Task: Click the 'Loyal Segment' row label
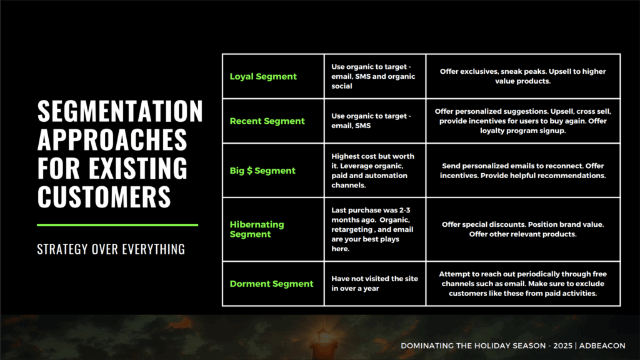pos(263,76)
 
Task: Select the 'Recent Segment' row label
pos(267,121)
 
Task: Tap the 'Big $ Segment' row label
pos(262,171)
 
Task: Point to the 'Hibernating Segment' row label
pos(257,229)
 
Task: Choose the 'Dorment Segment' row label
pos(271,284)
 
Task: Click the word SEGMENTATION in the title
pos(120,111)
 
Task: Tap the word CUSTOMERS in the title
pos(104,197)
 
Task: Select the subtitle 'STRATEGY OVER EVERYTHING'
pos(111,249)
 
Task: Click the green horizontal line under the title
pos(117,225)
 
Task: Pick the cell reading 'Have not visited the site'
pos(375,283)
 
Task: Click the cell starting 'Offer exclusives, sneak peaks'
pos(523,76)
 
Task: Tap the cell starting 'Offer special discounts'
pos(523,229)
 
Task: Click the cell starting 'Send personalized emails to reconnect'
pos(523,171)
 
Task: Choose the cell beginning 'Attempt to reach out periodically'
pos(523,284)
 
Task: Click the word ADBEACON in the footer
pos(602,346)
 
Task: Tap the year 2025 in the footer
pos(563,346)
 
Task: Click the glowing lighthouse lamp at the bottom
pos(324,337)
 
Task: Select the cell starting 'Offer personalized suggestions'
pos(523,121)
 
